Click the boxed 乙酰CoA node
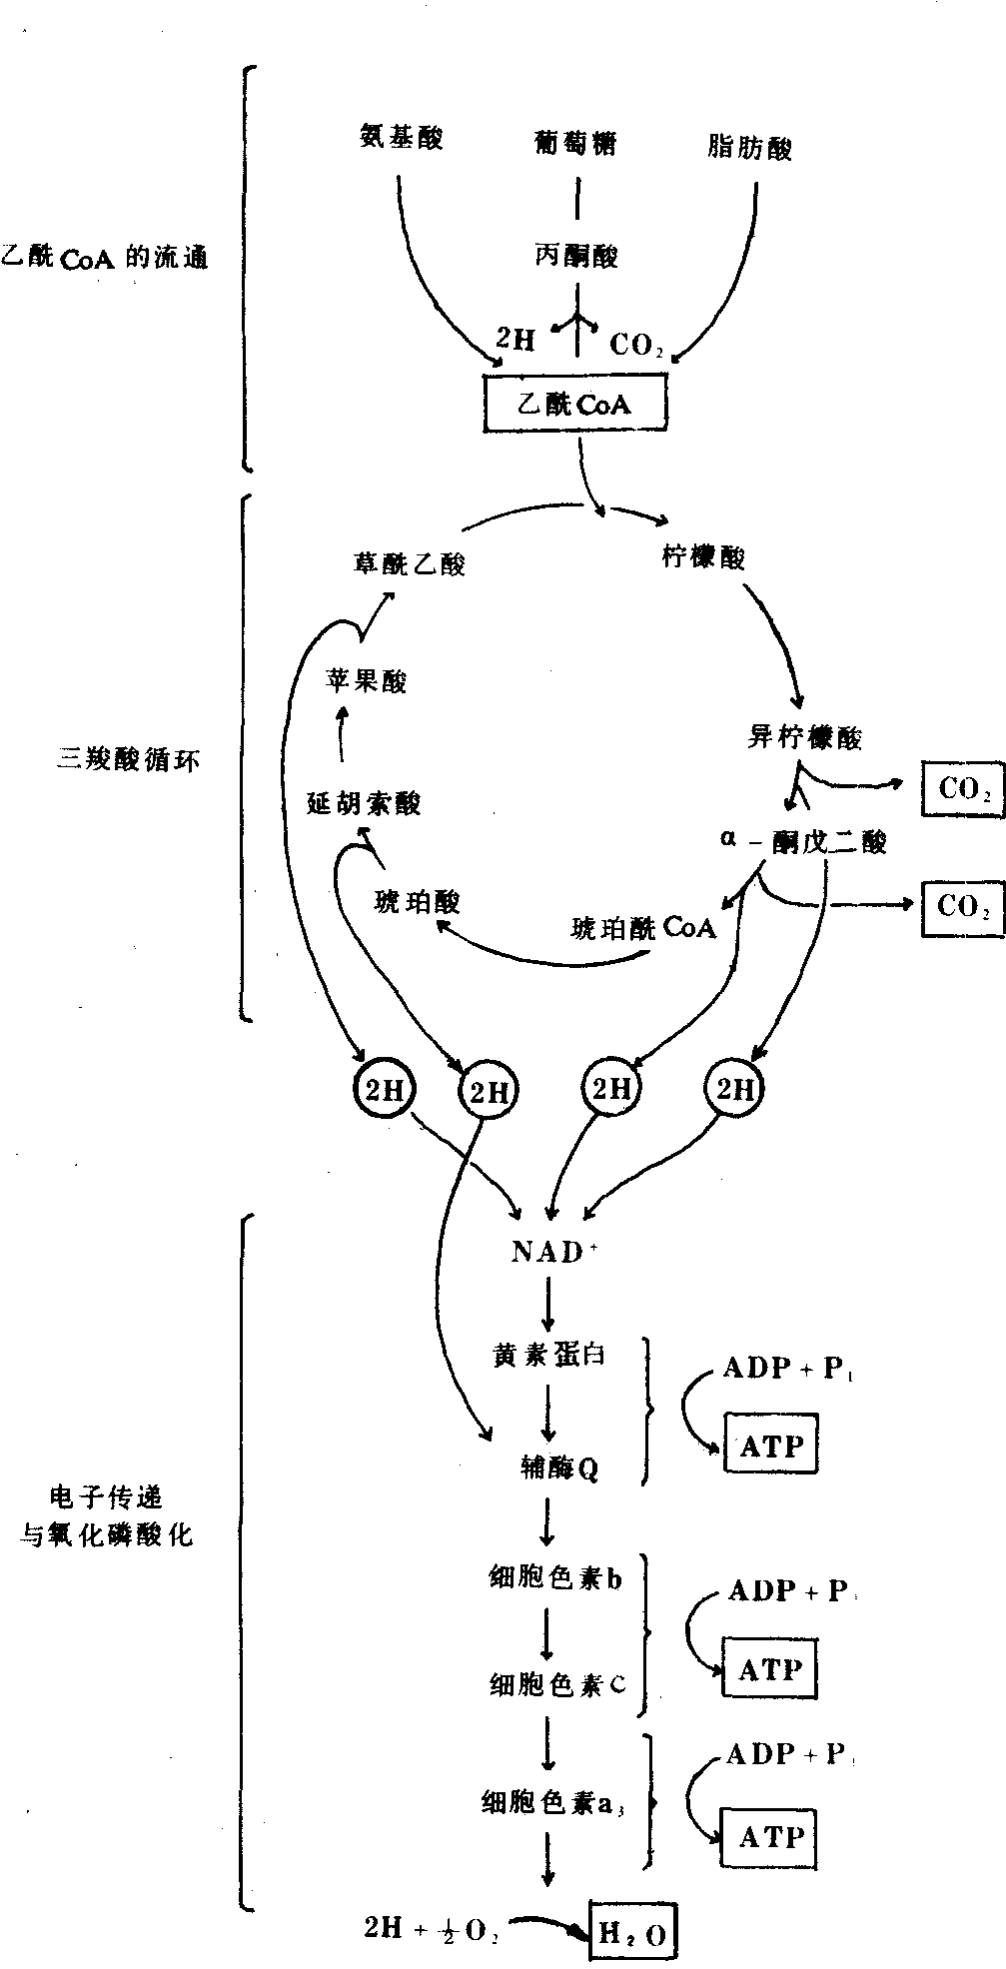[574, 405]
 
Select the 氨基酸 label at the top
[401, 138]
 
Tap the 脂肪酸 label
[748, 149]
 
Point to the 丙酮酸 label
[575, 257]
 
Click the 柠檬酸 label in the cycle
[704, 556]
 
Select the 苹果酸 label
[366, 681]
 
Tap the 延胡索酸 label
[364, 803]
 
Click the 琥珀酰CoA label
[644, 928]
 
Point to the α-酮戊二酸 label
[803, 842]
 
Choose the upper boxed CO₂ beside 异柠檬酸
[963, 789]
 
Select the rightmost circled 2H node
[735, 1090]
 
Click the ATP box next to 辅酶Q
[770, 1446]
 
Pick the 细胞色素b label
[555, 1578]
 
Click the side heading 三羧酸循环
[128, 760]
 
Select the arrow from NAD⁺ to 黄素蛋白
[547, 1304]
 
